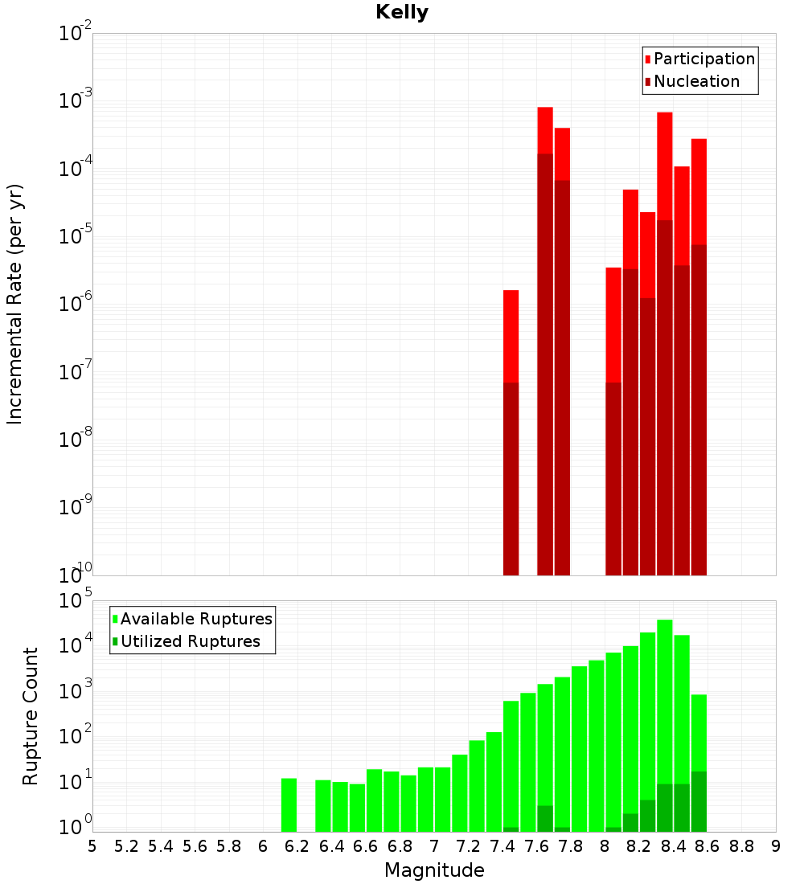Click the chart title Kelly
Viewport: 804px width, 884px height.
click(x=402, y=13)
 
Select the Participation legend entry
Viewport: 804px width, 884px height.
click(x=704, y=59)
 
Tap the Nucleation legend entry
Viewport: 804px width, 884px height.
click(x=696, y=81)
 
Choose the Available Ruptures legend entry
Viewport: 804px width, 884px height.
click(x=196, y=619)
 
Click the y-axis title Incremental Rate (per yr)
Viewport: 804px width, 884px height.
click(x=16, y=304)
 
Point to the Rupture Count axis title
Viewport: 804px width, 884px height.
click(x=31, y=716)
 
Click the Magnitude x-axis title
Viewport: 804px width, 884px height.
click(x=434, y=870)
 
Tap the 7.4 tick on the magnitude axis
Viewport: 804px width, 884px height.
click(x=503, y=846)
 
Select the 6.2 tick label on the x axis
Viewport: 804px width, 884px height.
click(x=297, y=846)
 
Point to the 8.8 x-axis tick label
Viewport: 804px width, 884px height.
click(x=741, y=846)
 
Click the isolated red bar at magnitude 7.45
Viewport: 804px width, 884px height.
click(x=511, y=434)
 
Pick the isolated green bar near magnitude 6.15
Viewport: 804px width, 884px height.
click(x=289, y=804)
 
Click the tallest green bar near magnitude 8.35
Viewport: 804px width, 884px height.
click(x=665, y=723)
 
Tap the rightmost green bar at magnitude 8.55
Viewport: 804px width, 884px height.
click(x=699, y=763)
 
